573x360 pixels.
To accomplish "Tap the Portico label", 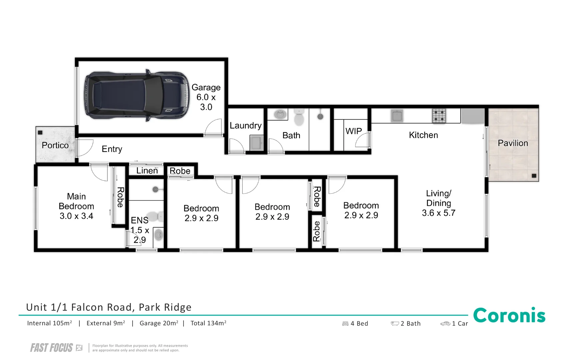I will click(55, 145).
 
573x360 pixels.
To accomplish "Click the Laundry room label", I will click(246, 126).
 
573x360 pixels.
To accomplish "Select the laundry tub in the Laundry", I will click(257, 143).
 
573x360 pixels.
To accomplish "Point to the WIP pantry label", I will click(353, 131).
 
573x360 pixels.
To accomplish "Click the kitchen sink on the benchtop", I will click(397, 116).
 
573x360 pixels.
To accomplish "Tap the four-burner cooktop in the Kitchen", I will click(439, 116).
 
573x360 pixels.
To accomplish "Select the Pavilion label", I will click(513, 143).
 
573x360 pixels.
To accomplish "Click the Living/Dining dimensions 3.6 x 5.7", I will click(438, 213).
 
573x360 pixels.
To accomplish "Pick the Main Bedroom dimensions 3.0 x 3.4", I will click(76, 216).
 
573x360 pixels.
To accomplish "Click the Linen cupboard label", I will click(147, 171).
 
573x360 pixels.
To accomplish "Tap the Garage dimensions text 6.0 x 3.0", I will click(206, 102).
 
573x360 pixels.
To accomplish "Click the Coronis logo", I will click(509, 315).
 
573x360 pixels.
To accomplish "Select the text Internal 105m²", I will click(50, 323).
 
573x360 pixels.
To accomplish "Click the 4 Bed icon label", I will click(355, 323).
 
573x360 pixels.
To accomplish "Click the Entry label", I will click(112, 149).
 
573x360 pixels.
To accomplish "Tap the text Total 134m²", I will click(208, 323).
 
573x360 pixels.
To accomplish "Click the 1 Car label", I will click(454, 323).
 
